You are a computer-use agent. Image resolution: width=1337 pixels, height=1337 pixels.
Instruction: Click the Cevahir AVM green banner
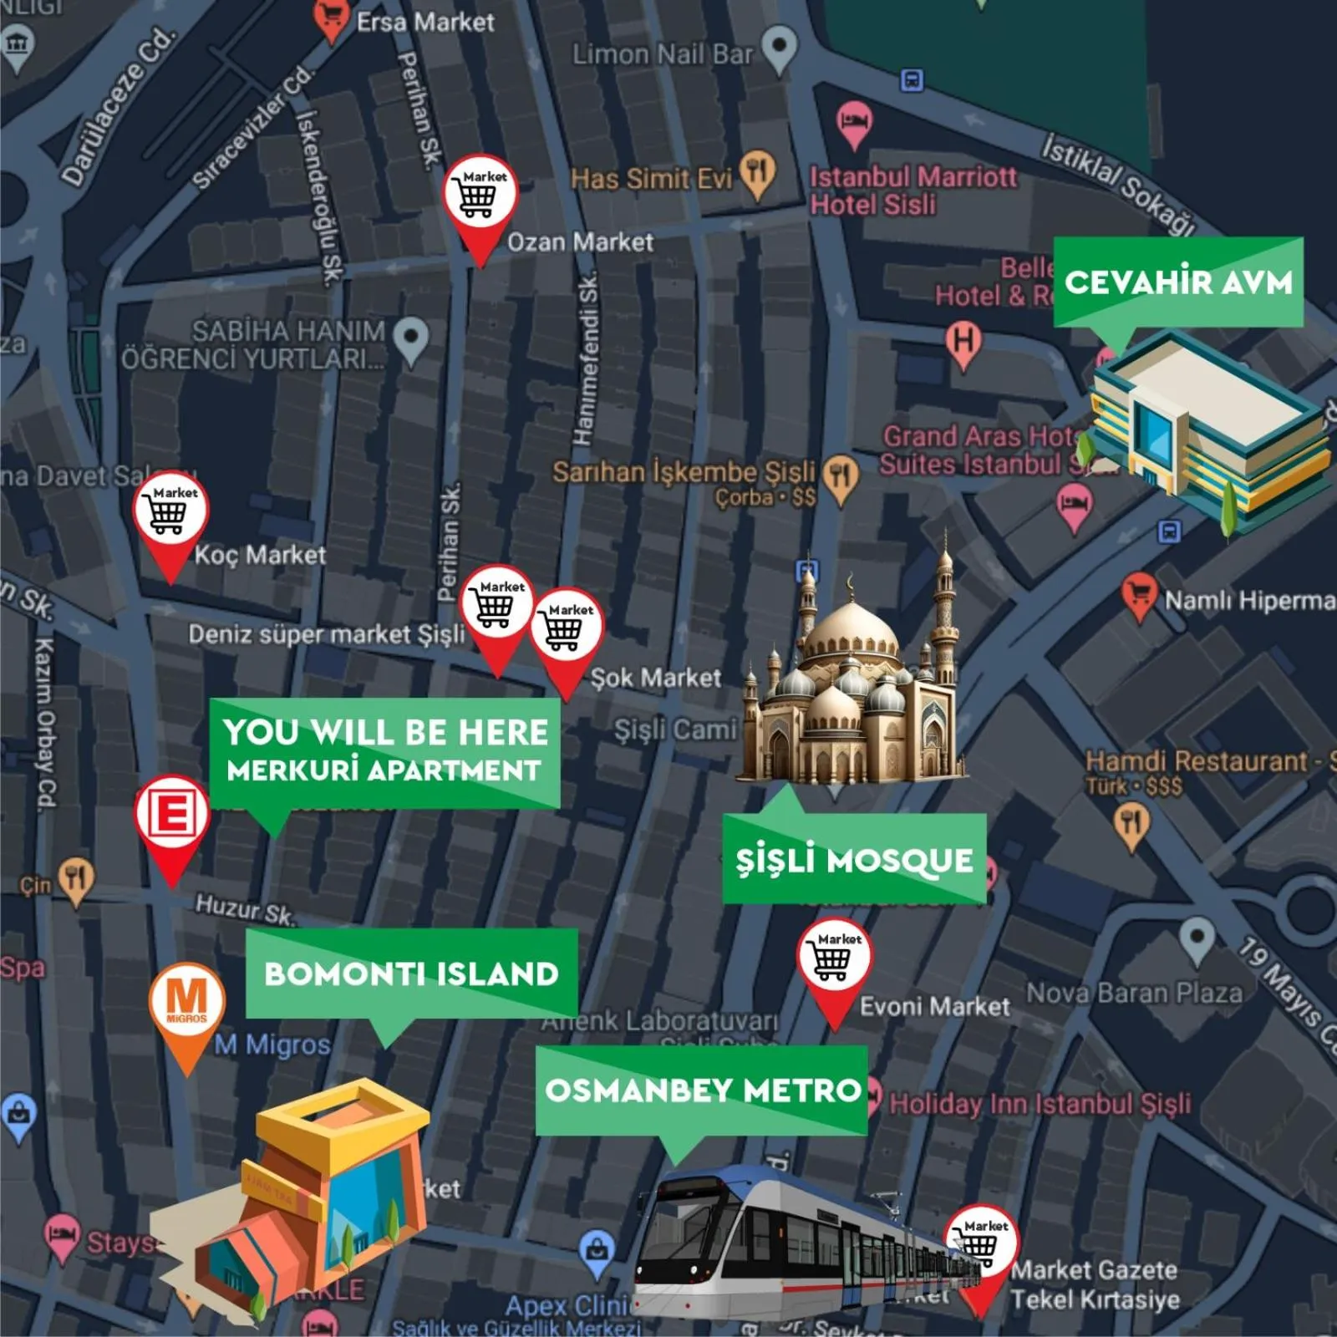point(1178,282)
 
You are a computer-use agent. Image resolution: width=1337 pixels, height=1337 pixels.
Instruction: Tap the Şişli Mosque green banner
point(854,860)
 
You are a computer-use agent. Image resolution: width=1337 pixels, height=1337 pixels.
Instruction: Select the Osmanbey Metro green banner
point(702,1090)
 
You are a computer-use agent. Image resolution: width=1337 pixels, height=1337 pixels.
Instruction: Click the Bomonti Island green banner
point(411,974)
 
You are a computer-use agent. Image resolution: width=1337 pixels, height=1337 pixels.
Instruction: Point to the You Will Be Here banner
point(384,750)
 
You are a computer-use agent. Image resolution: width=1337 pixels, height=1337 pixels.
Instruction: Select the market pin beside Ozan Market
point(479,195)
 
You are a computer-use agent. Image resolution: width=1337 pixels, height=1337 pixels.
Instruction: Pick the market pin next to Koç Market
point(170,511)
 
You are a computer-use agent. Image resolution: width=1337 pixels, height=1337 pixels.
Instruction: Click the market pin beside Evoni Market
point(834,958)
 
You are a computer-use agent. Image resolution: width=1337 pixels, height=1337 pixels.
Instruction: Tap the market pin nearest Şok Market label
point(567,628)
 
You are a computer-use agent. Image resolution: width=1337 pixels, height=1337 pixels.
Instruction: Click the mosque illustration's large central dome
point(852,628)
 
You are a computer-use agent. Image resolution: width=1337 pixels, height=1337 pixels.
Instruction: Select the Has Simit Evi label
point(652,178)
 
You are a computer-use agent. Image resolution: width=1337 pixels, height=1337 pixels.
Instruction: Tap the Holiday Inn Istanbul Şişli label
point(1040,1104)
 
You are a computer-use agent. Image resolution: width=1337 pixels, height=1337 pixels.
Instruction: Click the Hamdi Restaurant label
point(1195,761)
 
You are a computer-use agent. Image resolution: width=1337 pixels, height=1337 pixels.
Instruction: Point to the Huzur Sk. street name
point(244,908)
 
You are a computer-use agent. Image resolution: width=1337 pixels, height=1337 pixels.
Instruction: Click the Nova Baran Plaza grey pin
point(1197,938)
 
